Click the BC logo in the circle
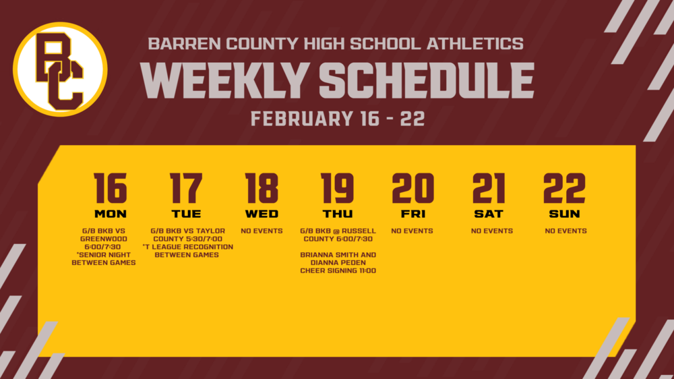60,69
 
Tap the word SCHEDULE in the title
426,82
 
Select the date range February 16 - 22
337,119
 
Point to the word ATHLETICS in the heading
474,45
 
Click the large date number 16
111,188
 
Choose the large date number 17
186,188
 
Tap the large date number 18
262,188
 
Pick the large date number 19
337,188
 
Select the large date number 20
412,188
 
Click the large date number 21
489,188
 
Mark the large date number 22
565,188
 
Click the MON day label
111,214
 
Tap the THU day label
337,214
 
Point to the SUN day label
565,214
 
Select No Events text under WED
262,231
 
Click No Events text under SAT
491,231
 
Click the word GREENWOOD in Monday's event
104,239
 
